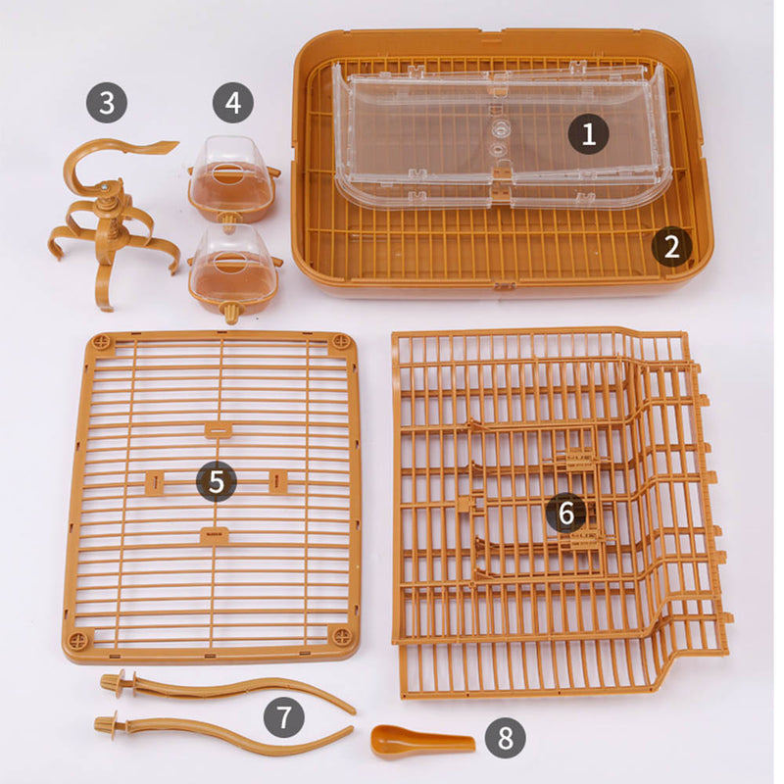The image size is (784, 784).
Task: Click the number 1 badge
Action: (x=588, y=133)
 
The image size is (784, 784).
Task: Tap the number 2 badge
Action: (x=671, y=247)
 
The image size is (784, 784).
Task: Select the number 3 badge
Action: (x=107, y=103)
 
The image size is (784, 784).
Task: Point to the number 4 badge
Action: (x=233, y=103)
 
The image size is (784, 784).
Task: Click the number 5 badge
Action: (x=216, y=481)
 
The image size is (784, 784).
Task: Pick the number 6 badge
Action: (x=566, y=512)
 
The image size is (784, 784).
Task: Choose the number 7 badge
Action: (x=284, y=717)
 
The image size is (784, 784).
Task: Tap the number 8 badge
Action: (x=505, y=738)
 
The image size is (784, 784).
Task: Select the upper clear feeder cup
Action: (x=234, y=180)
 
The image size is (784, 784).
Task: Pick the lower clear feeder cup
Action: (x=235, y=272)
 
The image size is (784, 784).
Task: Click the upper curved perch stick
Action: (x=225, y=690)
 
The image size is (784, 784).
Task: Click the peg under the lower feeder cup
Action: (x=231, y=313)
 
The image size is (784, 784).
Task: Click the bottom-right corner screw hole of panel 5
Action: (x=342, y=636)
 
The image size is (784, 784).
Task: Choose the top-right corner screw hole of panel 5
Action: (x=341, y=342)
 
